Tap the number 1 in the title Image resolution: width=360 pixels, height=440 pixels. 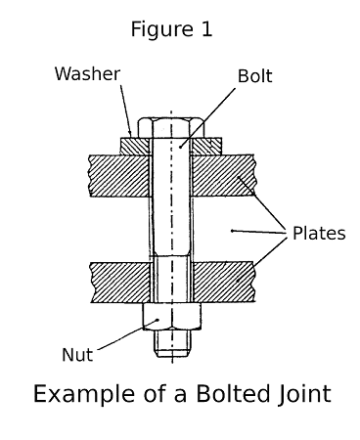(205, 30)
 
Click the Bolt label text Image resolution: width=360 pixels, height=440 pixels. (255, 75)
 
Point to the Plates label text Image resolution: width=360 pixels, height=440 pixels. (319, 233)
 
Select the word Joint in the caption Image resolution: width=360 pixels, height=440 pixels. (297, 394)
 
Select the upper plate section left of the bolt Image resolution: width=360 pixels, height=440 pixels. (117, 172)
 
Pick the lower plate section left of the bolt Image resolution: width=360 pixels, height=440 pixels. (117, 282)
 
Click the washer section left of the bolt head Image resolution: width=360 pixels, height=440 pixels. (134, 146)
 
